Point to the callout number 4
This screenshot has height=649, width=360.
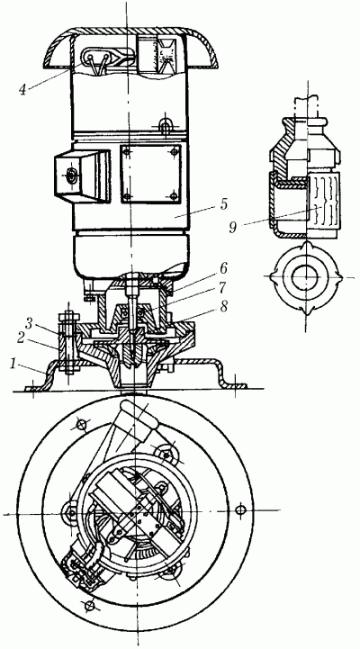[x=23, y=90]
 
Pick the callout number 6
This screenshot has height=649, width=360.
[x=223, y=270]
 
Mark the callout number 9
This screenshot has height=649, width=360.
[x=233, y=227]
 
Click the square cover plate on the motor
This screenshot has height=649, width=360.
[x=151, y=173]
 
